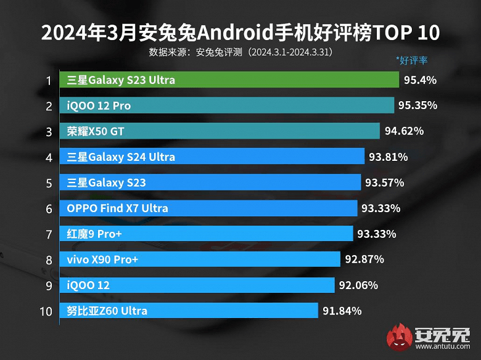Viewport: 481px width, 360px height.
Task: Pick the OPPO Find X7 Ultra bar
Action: [209, 208]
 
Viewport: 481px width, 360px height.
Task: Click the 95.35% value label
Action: [417, 105]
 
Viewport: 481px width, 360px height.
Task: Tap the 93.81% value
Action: [388, 157]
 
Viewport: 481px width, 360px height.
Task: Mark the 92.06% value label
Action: [358, 285]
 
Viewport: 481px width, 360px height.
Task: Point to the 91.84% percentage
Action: [342, 311]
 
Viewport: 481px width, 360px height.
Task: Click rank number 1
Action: [48, 80]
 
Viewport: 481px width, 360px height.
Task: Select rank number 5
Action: [48, 183]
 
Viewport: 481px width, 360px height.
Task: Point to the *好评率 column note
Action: [411, 60]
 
